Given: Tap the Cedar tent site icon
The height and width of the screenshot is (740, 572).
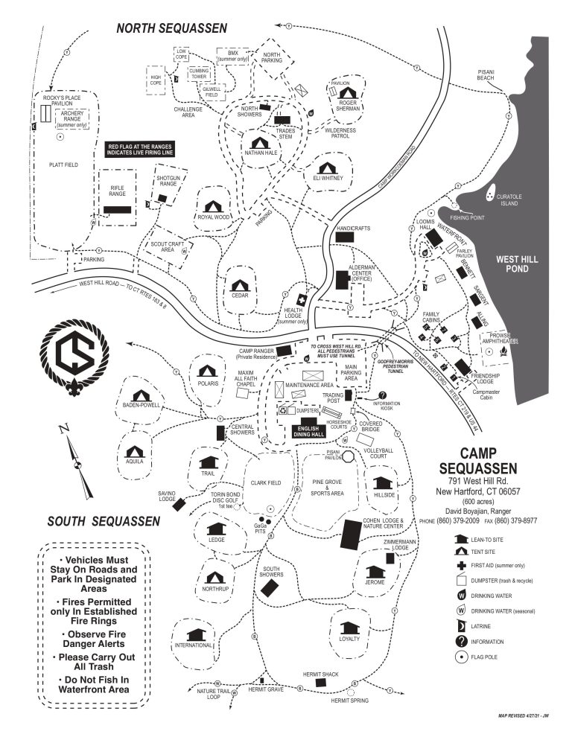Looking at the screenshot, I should [239, 284].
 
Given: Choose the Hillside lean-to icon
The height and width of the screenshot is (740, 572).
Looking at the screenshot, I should [383, 482].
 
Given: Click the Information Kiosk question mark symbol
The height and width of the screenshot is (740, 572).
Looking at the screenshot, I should [383, 395].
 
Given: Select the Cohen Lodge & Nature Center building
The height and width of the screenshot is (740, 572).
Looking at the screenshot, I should [349, 535].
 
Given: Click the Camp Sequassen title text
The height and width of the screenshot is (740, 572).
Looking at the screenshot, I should [489, 459].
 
